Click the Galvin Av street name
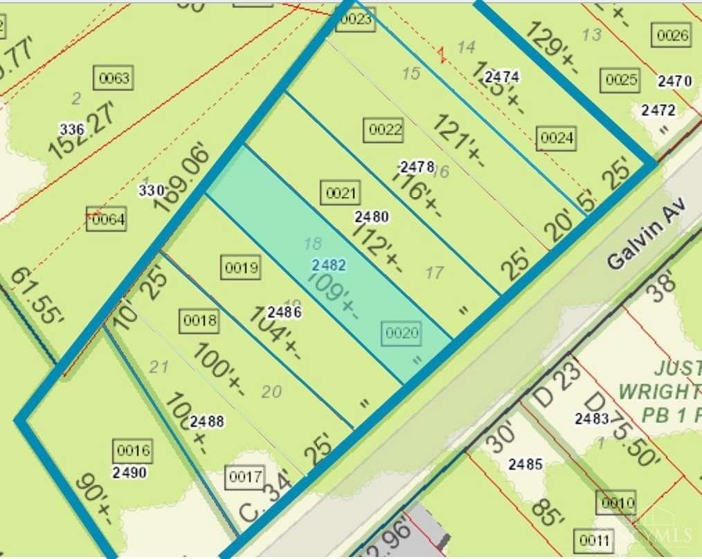click(x=646, y=232)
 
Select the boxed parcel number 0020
click(x=402, y=333)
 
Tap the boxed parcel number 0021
click(x=340, y=193)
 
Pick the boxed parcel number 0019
click(x=241, y=268)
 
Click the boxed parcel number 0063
click(x=114, y=78)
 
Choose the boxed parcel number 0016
click(x=133, y=452)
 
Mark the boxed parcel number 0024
click(x=557, y=138)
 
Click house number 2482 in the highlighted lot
click(x=328, y=265)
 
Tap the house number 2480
click(x=371, y=217)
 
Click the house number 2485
click(x=525, y=464)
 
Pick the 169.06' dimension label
click(x=182, y=168)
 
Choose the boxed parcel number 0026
click(x=672, y=36)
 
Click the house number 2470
click(x=674, y=82)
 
